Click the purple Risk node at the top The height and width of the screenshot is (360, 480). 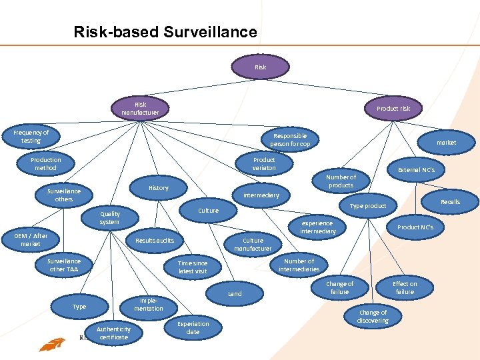(260, 67)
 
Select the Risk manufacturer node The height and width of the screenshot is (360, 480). (140, 108)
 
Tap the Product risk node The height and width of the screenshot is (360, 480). (393, 108)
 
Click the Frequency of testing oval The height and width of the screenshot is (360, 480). (31, 137)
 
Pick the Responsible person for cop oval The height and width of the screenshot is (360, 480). (289, 139)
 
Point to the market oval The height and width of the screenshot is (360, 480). (446, 142)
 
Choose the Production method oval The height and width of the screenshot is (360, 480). (46, 164)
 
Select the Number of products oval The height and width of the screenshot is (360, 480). (341, 181)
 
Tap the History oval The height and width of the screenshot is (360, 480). (159, 188)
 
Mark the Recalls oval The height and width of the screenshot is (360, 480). (450, 201)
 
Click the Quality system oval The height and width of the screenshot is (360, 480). (109, 217)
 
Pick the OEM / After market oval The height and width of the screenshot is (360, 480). (31, 240)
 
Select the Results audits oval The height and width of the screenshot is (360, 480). (155, 240)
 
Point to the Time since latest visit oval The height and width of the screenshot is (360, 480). (193, 267)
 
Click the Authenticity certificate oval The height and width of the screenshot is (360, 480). (113, 333)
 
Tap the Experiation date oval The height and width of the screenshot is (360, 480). (193, 327)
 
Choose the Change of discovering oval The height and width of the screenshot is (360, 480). (372, 316)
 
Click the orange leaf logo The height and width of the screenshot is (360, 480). (51, 344)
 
